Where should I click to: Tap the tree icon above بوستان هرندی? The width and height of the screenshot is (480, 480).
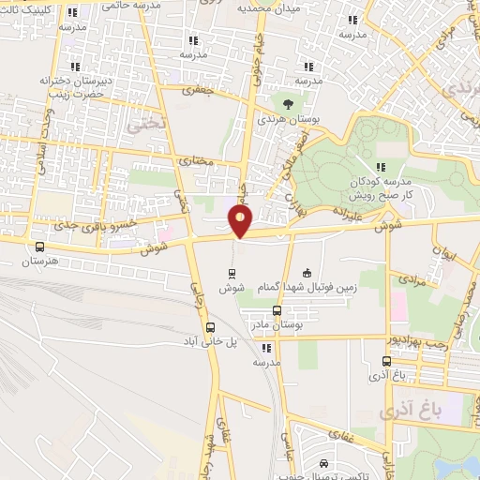tap(287, 104)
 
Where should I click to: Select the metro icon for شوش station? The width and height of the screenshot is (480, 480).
tap(232, 274)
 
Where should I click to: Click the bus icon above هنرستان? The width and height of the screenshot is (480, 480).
tap(37, 247)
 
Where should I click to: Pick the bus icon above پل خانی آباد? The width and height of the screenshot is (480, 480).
tap(210, 329)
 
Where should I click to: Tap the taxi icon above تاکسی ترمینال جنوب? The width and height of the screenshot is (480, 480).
tap(322, 464)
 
